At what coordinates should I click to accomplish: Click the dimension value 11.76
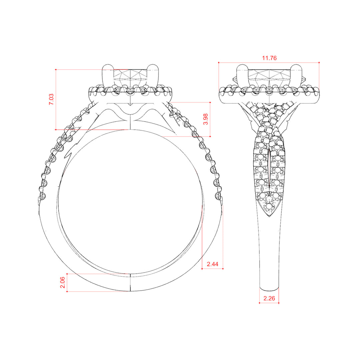click(x=269, y=58)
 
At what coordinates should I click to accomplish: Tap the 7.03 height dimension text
click(x=51, y=99)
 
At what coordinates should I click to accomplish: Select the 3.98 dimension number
click(x=205, y=119)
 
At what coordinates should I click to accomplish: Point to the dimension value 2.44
click(x=212, y=264)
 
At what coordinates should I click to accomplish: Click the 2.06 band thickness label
click(x=62, y=282)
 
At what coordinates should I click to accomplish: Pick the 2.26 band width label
click(x=269, y=298)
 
